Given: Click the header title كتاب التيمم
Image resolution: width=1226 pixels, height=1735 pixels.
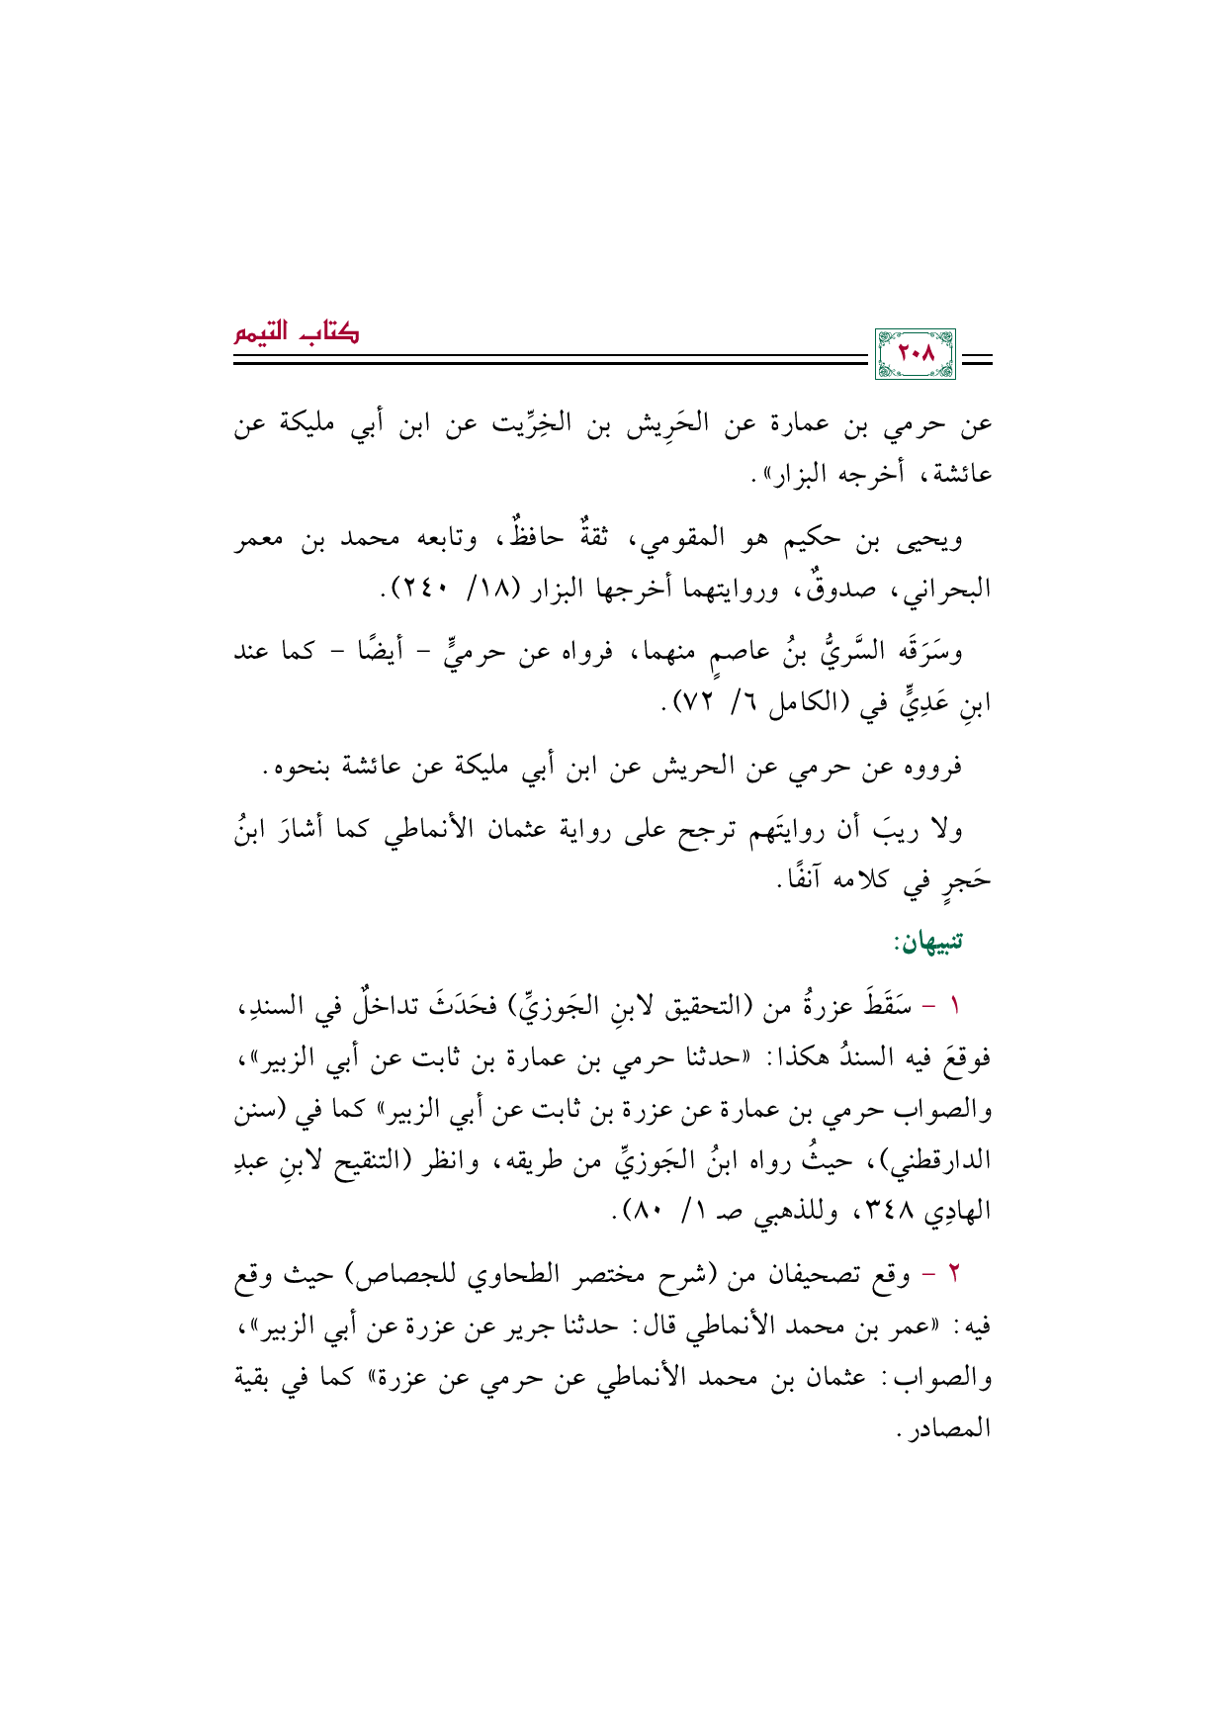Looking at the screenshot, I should [x=297, y=333].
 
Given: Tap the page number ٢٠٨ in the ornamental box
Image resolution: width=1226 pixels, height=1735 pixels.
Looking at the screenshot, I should [x=916, y=354].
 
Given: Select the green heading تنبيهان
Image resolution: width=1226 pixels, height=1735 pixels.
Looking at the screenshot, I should [x=928, y=942].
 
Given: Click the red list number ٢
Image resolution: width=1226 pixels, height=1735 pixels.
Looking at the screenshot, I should [x=953, y=1274].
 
